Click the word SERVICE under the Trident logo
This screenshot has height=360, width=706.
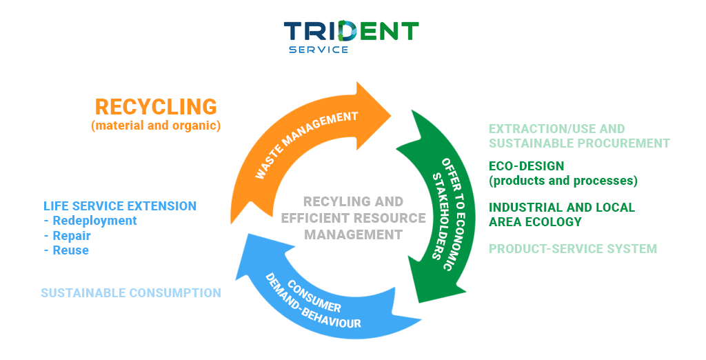click(319, 50)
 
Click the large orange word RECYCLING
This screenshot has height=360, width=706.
click(156, 107)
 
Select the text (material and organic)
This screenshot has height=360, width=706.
click(156, 126)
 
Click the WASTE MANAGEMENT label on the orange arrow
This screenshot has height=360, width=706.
click(307, 144)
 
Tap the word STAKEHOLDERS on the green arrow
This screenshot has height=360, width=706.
click(441, 216)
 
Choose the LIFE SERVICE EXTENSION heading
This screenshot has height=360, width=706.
click(120, 206)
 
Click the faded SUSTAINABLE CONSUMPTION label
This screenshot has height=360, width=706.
click(131, 293)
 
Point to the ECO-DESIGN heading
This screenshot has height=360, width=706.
click(526, 166)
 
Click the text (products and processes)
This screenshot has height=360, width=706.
click(563, 181)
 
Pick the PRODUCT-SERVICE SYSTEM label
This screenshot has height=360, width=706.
click(573, 249)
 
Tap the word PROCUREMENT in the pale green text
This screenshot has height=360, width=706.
click(624, 143)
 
